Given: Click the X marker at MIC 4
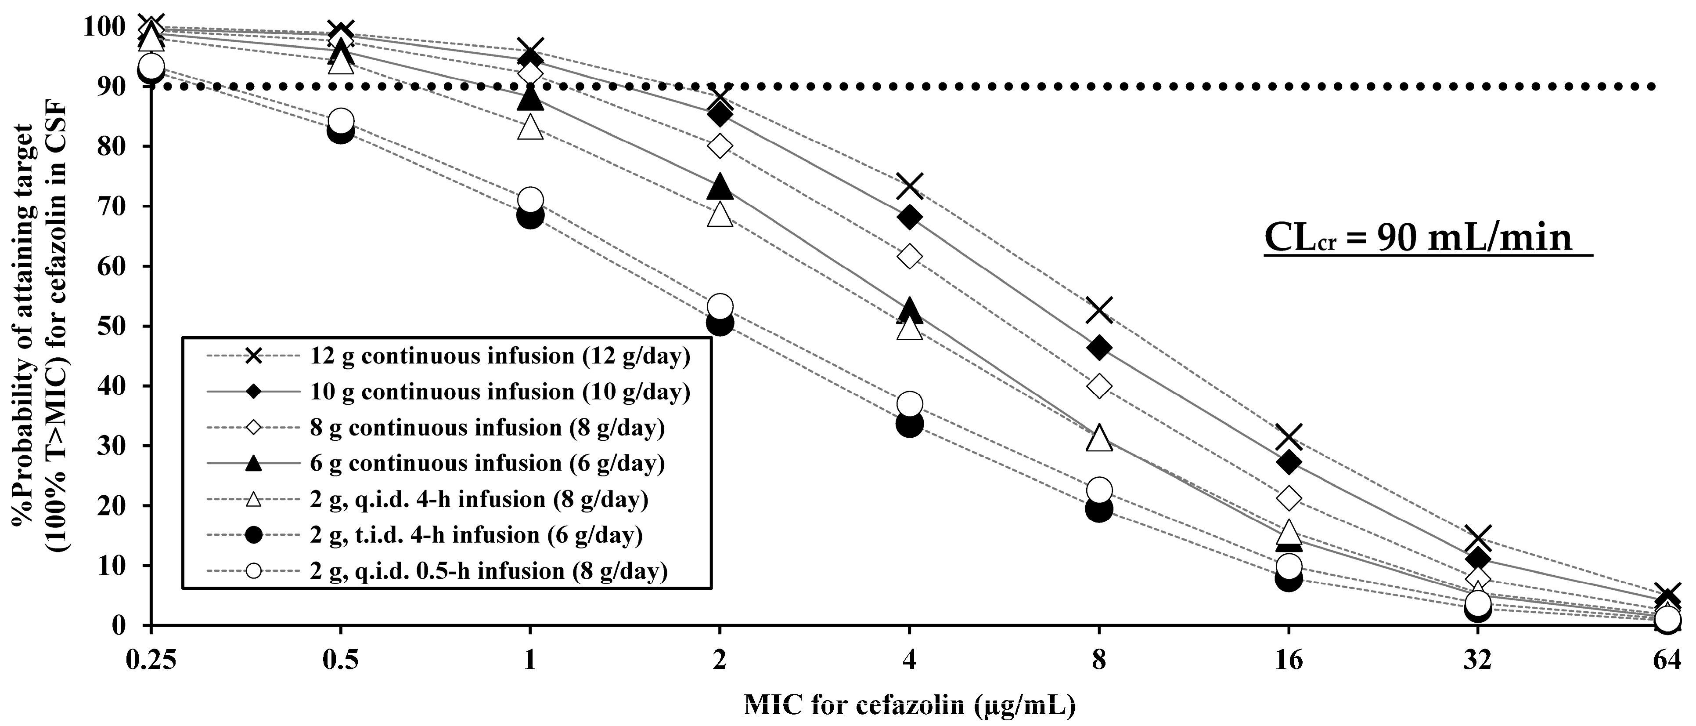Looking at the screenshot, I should coord(909,186).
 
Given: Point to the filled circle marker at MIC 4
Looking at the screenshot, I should coord(909,424).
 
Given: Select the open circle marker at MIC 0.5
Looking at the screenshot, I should coord(340,120).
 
